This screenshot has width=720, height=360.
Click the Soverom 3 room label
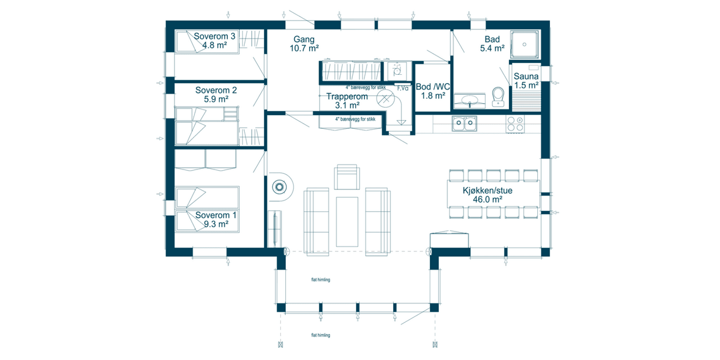pos(215,40)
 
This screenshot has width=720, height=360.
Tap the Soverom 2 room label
pos(216,95)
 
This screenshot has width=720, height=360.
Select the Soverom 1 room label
pos(216,219)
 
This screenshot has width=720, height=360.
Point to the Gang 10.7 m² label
pos(304,44)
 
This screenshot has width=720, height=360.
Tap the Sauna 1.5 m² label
pos(526,81)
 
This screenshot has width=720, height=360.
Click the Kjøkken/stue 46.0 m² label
pos(487,195)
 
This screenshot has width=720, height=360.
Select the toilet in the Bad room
pos(498,97)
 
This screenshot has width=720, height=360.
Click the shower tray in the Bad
pos(524,45)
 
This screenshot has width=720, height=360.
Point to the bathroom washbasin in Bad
pos(470,101)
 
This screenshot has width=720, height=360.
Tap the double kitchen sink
pos(464,124)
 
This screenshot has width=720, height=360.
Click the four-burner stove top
pos(515,124)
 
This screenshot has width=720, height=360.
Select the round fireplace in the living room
pos(280,187)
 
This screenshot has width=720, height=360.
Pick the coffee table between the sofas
pos(347,222)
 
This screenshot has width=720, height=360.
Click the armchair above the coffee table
pos(347,177)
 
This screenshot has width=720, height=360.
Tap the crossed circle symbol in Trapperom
pos(385,99)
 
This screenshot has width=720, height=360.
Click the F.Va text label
pos(403,88)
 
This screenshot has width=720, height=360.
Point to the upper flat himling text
pos(321,280)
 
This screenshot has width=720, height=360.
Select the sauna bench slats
pos(526,101)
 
